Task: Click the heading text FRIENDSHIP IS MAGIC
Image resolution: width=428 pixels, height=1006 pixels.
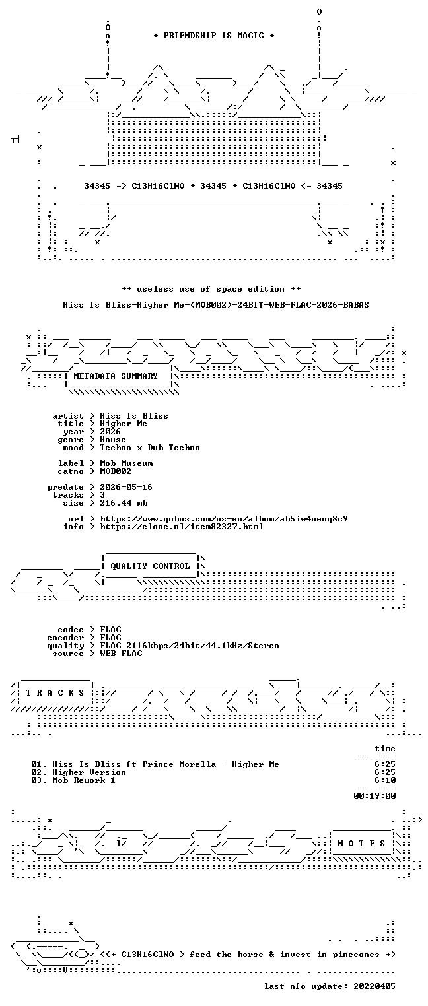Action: [213, 36]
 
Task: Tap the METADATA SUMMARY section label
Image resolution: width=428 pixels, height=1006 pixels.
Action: [116, 376]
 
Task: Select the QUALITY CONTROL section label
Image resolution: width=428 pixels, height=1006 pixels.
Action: [150, 566]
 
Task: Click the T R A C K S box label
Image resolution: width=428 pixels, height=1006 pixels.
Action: [55, 693]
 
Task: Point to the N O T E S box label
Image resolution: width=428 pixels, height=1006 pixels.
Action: [361, 844]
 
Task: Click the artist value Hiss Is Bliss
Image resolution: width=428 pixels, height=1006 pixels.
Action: [134, 416]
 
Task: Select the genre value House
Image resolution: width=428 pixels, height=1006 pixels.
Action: [113, 440]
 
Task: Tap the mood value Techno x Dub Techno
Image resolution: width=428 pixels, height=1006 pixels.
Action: [150, 448]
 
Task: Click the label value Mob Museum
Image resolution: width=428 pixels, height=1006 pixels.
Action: [126, 463]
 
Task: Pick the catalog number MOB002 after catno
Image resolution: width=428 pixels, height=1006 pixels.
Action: [116, 471]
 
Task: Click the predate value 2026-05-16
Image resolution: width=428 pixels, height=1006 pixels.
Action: [126, 487]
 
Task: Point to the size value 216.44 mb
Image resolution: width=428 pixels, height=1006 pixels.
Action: [124, 503]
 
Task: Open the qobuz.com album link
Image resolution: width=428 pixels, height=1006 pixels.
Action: [224, 519]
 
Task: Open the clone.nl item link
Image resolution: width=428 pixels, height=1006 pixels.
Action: [182, 527]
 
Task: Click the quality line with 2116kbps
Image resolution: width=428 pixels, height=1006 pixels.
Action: [190, 646]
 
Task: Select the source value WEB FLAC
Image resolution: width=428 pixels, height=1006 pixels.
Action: [121, 654]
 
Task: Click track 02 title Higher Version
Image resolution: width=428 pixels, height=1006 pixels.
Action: [89, 772]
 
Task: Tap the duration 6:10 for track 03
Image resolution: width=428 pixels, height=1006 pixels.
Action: [385, 780]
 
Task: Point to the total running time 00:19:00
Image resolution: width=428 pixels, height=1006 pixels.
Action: [375, 796]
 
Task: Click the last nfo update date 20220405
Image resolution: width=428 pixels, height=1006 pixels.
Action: [374, 986]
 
